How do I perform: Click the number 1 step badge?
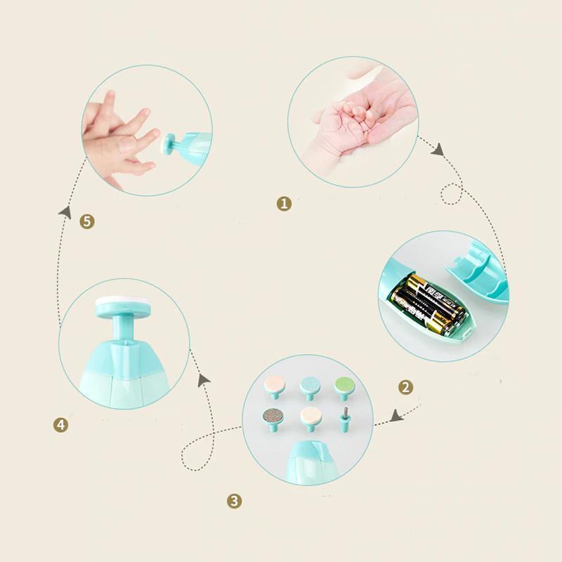pyautogui.click(x=284, y=204)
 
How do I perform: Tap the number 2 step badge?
pyautogui.click(x=405, y=386)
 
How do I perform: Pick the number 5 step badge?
pyautogui.click(x=87, y=221)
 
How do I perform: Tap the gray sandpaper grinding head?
pyautogui.click(x=272, y=416)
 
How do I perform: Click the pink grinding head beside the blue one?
pyautogui.click(x=272, y=385)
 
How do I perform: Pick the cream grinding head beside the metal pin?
pyautogui.click(x=308, y=417)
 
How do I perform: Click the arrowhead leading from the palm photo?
pyautogui.click(x=438, y=150)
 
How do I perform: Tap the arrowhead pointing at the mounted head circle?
pyautogui.click(x=204, y=379)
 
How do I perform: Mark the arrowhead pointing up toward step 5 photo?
pyautogui.click(x=65, y=209)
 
